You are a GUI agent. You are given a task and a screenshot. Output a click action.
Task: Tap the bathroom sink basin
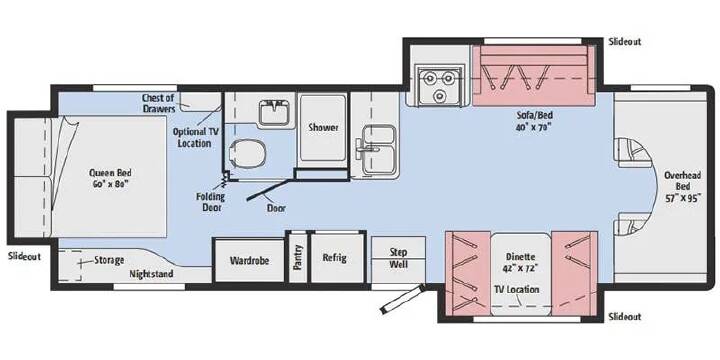(274, 113)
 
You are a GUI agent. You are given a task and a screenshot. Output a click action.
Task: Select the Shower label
(323, 127)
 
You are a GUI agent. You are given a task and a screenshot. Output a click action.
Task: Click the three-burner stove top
(439, 84)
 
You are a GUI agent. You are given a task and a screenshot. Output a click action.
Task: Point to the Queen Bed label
(110, 178)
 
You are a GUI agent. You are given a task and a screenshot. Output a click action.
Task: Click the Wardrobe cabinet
(249, 260)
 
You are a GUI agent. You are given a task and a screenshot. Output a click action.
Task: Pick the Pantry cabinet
(298, 258)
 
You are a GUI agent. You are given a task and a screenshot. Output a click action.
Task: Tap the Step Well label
(399, 258)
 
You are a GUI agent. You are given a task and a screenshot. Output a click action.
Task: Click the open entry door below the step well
(402, 299)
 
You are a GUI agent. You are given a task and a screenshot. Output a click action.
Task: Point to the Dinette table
(520, 274)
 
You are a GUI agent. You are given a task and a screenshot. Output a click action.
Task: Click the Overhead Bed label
(682, 187)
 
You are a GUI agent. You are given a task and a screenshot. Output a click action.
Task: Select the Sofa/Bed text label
(533, 120)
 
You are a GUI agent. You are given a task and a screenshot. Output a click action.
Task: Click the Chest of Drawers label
(158, 103)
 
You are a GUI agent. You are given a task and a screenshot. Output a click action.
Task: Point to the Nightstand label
(151, 274)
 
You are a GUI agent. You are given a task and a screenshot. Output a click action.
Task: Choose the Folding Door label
(211, 202)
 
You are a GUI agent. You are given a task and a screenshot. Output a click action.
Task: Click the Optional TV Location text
(195, 137)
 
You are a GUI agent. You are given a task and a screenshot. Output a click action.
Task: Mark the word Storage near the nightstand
(109, 260)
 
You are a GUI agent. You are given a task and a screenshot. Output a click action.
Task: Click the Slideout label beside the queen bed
(24, 256)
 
